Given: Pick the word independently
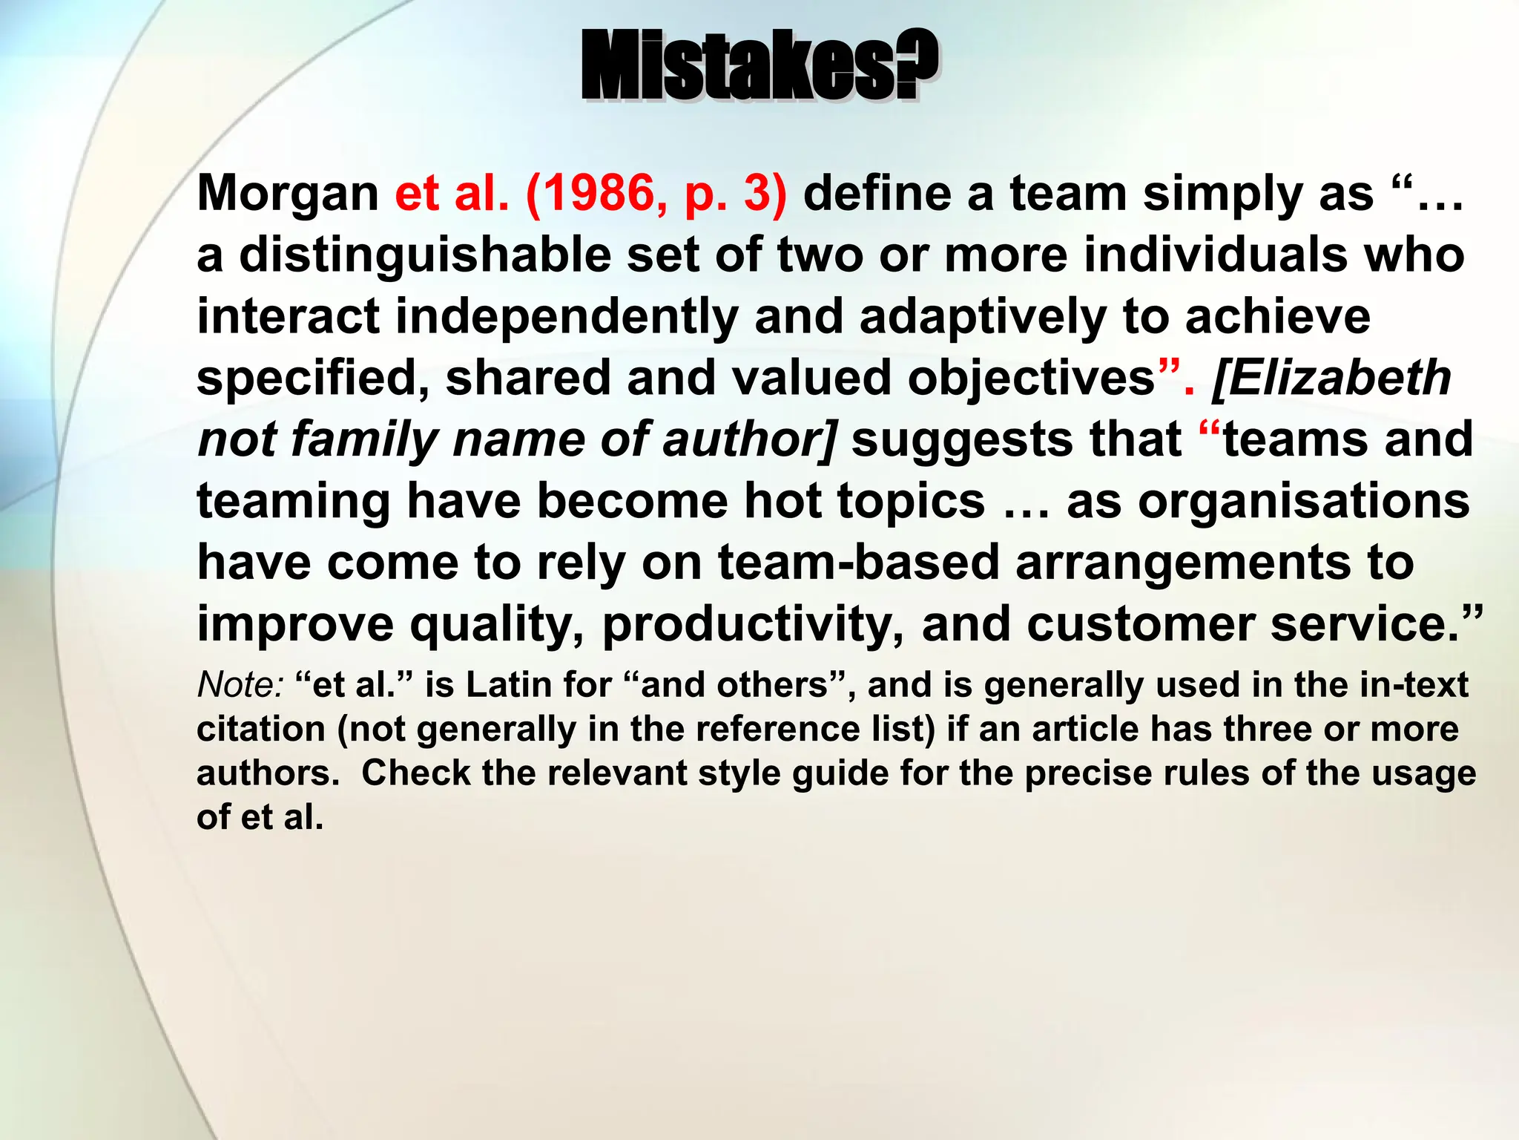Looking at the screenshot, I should click(567, 317).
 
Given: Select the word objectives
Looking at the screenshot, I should click(1031, 379).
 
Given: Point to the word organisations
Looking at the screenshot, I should click(1304, 501).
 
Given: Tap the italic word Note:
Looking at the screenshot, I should click(240, 684).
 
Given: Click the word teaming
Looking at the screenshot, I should click(293, 501).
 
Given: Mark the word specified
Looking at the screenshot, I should click(312, 379).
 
